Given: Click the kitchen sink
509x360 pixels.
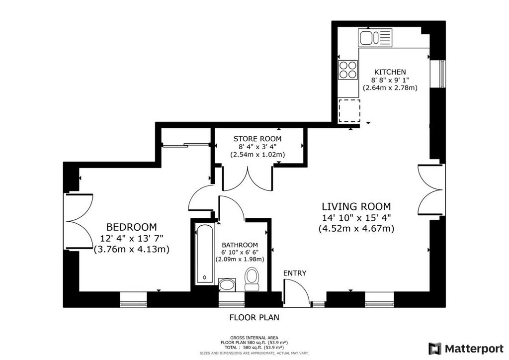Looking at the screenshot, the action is [375, 37].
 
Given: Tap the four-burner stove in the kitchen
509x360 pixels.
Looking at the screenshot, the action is [347, 70].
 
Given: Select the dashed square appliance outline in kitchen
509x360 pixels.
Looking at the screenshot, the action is [349, 111].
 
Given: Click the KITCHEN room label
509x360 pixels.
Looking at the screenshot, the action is [390, 72].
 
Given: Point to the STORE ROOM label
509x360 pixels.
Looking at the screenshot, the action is [257, 139].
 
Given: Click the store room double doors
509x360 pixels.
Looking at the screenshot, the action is [248, 179].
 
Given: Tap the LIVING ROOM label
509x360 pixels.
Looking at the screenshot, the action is [356, 206].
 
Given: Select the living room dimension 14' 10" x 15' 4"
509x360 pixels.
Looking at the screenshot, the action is [356, 217].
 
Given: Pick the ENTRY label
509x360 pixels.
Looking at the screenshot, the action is [295, 273].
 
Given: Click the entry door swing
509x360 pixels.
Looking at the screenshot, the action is [296, 293].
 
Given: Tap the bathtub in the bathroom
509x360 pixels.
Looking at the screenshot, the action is [204, 254].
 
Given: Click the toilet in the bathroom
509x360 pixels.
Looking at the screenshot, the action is [251, 279].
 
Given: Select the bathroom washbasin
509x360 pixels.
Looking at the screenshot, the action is [227, 285].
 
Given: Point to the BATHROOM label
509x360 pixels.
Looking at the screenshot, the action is [240, 245].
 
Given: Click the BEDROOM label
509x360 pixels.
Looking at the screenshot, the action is [131, 227].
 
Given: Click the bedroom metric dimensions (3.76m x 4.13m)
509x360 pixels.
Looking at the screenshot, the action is [131, 250].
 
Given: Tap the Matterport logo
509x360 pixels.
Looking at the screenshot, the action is [466, 349].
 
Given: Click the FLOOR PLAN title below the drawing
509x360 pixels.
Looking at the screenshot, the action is [254, 317].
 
